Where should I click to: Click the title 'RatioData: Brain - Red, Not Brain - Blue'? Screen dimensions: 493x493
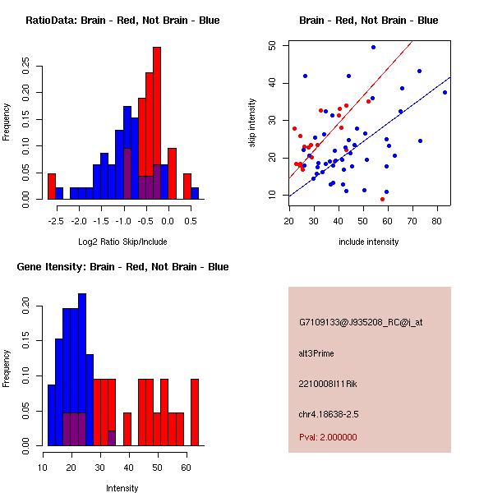(122, 20)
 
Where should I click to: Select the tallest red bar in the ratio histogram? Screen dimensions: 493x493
(156, 123)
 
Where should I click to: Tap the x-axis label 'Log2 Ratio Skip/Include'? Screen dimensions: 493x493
(122, 242)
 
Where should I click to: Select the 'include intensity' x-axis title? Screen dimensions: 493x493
(369, 242)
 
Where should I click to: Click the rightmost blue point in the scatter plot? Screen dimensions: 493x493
(445, 92)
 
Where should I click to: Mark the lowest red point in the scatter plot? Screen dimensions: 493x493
(382, 199)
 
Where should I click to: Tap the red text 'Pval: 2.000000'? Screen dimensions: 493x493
(328, 437)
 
